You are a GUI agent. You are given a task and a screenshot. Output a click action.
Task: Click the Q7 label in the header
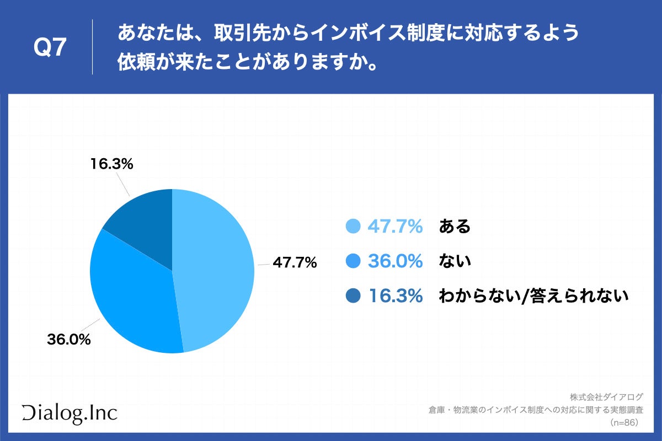coord(50,49)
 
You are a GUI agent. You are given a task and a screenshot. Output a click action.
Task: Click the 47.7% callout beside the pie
coord(295,263)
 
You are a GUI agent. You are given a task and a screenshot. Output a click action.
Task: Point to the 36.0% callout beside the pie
coord(69,340)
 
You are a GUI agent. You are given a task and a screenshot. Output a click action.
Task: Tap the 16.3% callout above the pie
coord(112,164)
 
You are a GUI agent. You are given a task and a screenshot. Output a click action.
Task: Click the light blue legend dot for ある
coord(353,226)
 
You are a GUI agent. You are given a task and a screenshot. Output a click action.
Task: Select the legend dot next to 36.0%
coord(353,261)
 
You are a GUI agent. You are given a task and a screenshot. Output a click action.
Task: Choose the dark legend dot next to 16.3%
coord(353,297)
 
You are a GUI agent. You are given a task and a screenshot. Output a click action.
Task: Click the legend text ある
coord(455,226)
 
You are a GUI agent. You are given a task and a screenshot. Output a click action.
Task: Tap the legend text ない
coord(455,261)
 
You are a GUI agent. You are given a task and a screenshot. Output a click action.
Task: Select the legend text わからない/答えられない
coord(533,297)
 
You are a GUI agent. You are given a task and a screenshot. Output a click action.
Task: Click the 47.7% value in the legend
coord(395,226)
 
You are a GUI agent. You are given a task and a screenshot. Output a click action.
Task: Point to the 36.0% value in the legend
coord(395,261)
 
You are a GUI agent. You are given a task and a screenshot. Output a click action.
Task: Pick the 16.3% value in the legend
coord(395,297)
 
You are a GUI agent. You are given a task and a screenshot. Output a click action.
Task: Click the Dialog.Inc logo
coord(70,413)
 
